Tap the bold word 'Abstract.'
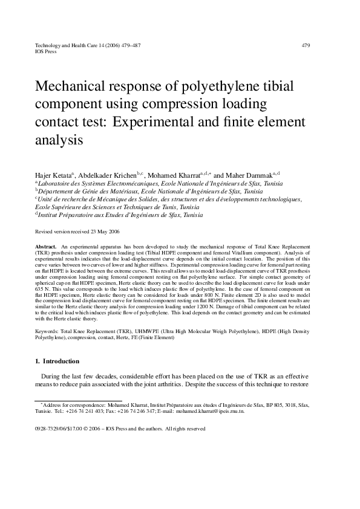coord(46,248)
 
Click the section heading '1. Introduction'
coord(57,361)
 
